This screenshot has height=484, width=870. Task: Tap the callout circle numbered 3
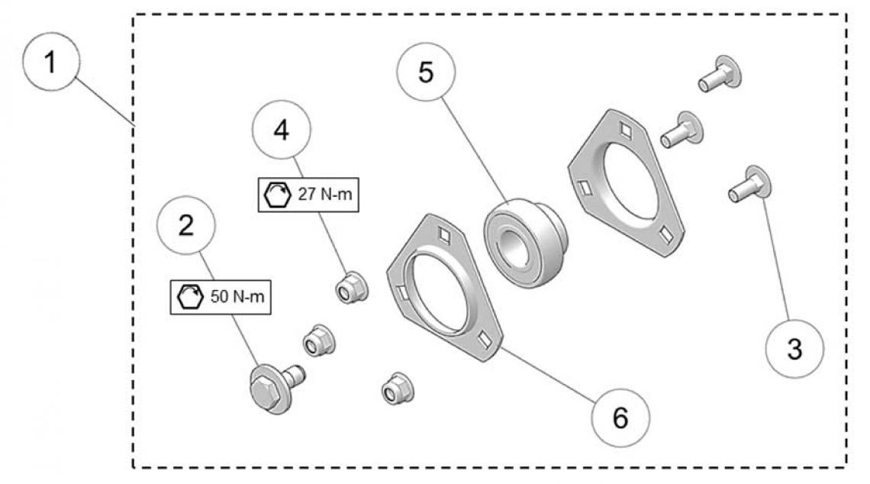point(794,348)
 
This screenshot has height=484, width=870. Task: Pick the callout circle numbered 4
point(282,130)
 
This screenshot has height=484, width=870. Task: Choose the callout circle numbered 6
point(620,418)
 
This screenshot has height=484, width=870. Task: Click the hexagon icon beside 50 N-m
point(188,296)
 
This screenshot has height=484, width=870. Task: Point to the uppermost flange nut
point(353,287)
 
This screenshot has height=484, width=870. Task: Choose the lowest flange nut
point(396,389)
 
